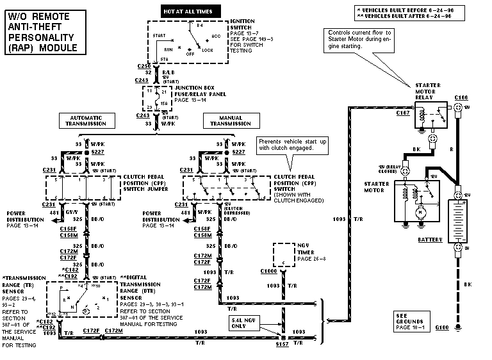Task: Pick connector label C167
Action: coord(402,113)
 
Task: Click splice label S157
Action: coord(282,345)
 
